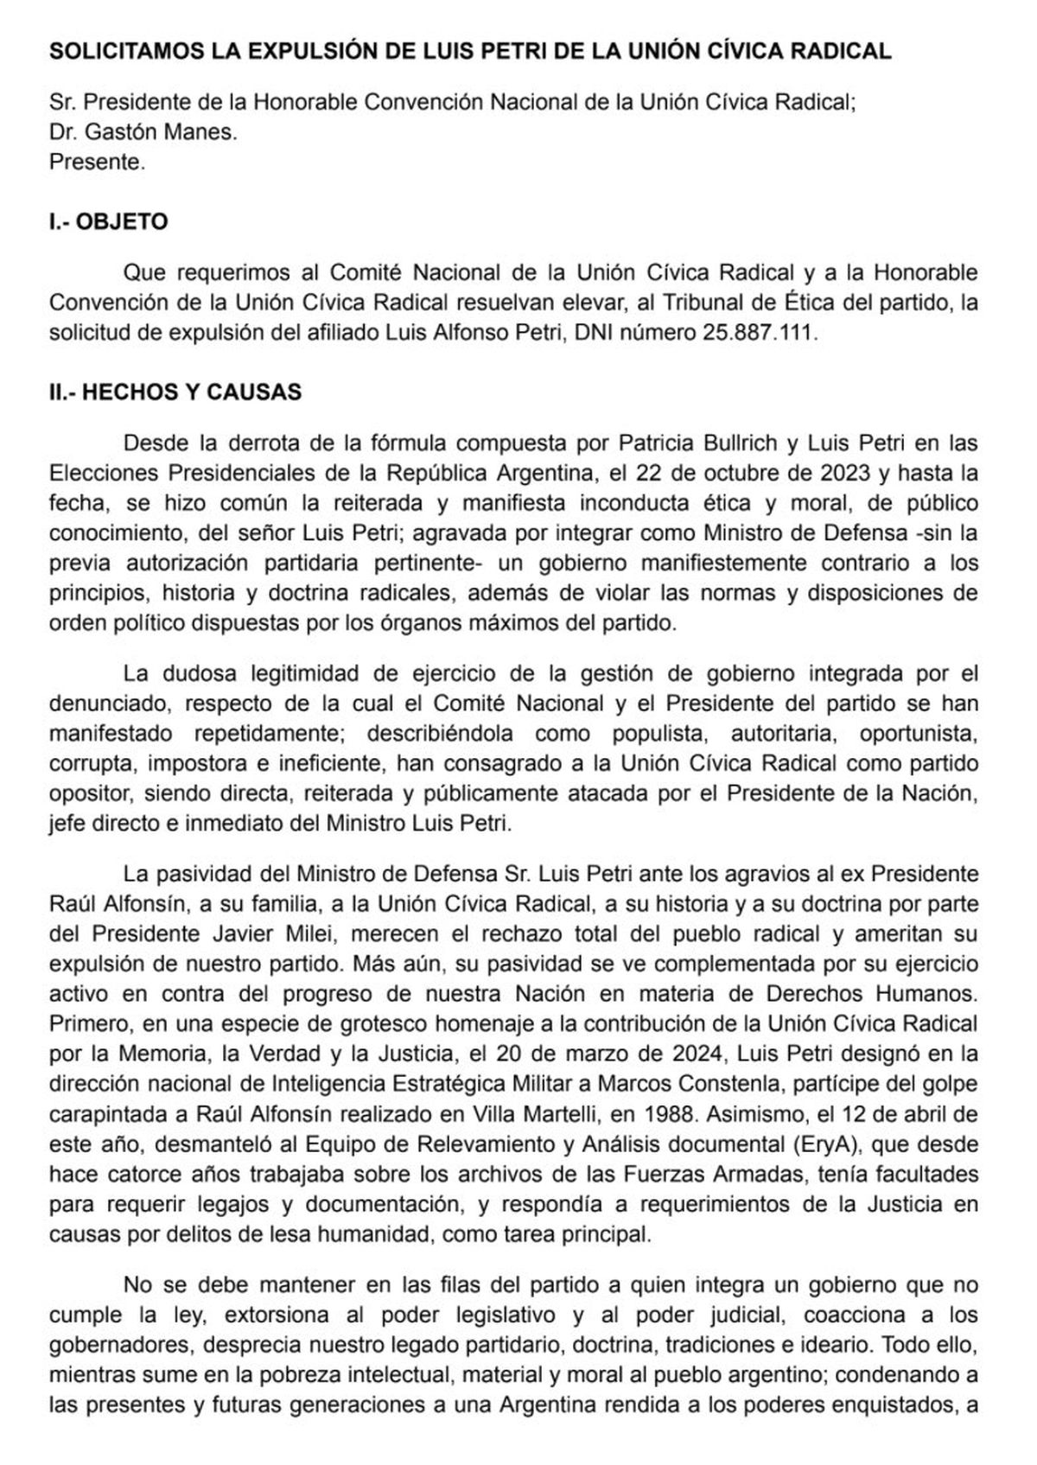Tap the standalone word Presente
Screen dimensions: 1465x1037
(x=97, y=162)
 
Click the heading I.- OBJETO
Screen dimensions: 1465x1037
(x=108, y=222)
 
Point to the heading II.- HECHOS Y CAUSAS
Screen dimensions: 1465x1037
(x=175, y=392)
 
